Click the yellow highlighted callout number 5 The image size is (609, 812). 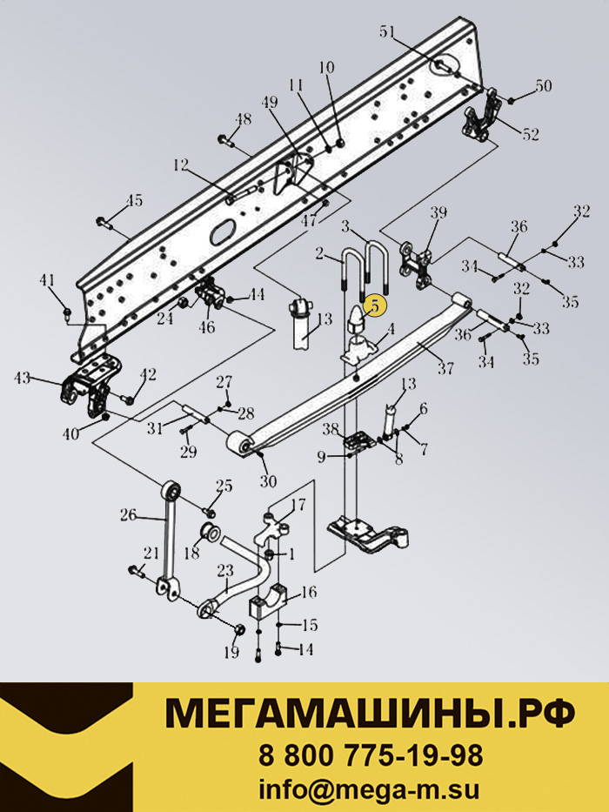click(x=375, y=305)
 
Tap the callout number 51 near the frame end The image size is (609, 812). click(x=387, y=32)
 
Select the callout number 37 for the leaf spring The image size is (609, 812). click(x=445, y=368)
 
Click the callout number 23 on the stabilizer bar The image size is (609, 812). click(x=226, y=571)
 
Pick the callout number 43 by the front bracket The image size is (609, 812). click(x=23, y=379)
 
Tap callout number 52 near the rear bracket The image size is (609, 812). click(x=531, y=134)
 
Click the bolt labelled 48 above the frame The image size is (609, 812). click(x=226, y=140)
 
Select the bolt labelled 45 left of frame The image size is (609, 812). click(x=104, y=223)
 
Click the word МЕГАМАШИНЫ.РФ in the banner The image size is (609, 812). click(x=370, y=713)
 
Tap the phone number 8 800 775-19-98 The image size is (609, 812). click(x=371, y=755)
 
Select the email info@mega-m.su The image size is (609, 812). click(x=369, y=790)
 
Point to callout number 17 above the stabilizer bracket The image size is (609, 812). click(x=298, y=504)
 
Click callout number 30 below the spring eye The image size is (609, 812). click(x=268, y=481)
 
